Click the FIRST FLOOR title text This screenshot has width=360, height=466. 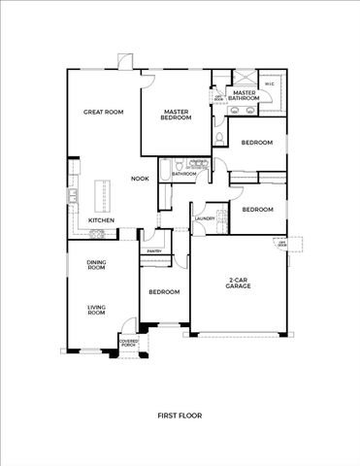coord(180,415)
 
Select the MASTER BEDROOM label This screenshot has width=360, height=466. coord(177,115)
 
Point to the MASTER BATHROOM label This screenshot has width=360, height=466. coord(245,96)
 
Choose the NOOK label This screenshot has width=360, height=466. coord(141,179)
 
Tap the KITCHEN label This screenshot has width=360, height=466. coord(102,220)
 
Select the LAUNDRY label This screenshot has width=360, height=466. coord(204,218)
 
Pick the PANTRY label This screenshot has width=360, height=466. coord(153,250)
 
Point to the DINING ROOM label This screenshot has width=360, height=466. coord(96,264)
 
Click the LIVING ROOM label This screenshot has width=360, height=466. coord(96,311)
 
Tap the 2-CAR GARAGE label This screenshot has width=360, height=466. coord(238,283)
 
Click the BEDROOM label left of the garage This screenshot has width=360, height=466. coord(164,291)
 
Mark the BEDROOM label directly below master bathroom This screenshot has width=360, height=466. coord(257,143)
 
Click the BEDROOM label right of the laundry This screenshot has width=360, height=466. coord(257,210)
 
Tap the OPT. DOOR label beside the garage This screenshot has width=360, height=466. coord(281,244)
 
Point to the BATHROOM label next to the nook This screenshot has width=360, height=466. coord(184,174)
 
